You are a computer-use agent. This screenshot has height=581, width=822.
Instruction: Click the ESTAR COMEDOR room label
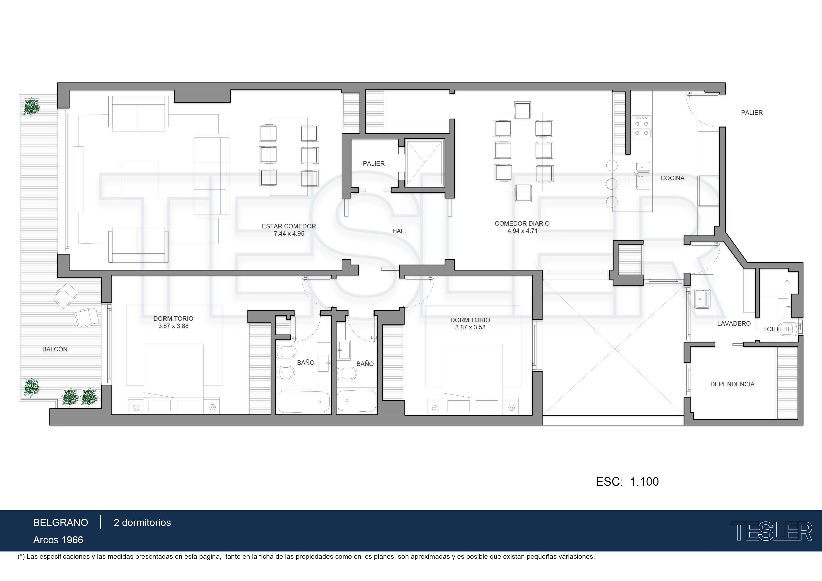click(x=289, y=226)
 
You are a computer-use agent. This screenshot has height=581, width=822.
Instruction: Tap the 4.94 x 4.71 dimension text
click(x=522, y=231)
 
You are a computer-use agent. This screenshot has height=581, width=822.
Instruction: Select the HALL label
click(x=400, y=231)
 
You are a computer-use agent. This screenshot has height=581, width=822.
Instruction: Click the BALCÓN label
click(x=55, y=349)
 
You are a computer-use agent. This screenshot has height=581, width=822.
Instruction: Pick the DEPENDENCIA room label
click(x=732, y=384)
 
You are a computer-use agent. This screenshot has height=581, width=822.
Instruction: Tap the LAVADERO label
click(x=734, y=324)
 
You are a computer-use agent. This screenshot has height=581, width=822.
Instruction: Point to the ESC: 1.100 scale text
click(x=627, y=482)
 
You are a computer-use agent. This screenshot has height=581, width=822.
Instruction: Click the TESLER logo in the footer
click(x=772, y=531)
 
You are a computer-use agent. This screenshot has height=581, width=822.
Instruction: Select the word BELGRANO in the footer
click(x=60, y=523)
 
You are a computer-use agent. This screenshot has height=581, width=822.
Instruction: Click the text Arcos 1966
click(x=58, y=540)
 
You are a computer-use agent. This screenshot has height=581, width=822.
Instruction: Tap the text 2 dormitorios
click(x=142, y=523)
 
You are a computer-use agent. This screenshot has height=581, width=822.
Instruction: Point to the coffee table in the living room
click(x=139, y=178)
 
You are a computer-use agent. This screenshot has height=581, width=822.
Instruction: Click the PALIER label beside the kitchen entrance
click(x=752, y=113)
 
